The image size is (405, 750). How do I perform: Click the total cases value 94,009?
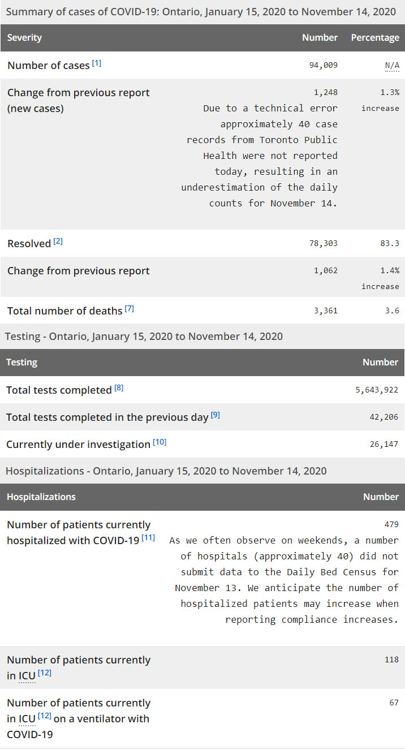[323, 65]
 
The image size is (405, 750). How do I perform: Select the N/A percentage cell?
[392, 65]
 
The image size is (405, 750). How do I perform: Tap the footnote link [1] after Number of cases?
[97, 63]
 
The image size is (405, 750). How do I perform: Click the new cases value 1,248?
[326, 92]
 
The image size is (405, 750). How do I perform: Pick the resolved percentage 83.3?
[390, 243]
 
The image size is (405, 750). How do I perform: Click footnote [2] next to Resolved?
[58, 242]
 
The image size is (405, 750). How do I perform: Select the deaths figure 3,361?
[326, 311]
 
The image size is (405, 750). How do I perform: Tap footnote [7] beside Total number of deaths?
[130, 309]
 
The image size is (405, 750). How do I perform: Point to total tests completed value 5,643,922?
[376, 390]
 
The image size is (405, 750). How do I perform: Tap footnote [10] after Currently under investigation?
[160, 442]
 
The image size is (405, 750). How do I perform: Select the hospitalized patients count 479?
[391, 524]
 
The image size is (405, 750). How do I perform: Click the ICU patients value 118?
[391, 660]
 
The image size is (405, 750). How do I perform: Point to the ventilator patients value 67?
[394, 702]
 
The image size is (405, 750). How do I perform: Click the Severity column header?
[24, 38]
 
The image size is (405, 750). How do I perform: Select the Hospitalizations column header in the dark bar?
[41, 497]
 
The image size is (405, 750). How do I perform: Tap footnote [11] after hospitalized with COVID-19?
[148, 537]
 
